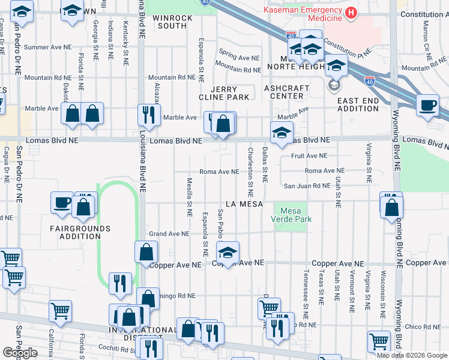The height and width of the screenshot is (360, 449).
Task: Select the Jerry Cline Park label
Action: [x=225, y=93]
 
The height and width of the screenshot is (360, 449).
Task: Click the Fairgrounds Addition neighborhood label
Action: [x=80, y=232]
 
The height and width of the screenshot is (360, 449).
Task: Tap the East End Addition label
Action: [x=358, y=104]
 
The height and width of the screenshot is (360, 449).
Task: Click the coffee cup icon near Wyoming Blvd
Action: [x=427, y=105]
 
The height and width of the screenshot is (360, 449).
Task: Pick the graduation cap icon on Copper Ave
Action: [x=228, y=252]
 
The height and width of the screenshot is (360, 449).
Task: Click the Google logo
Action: [x=20, y=352]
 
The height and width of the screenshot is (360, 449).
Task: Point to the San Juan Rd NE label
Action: [x=307, y=187]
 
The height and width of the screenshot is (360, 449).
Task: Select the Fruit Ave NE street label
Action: [x=309, y=155]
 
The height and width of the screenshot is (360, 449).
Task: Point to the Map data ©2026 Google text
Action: [x=412, y=355]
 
